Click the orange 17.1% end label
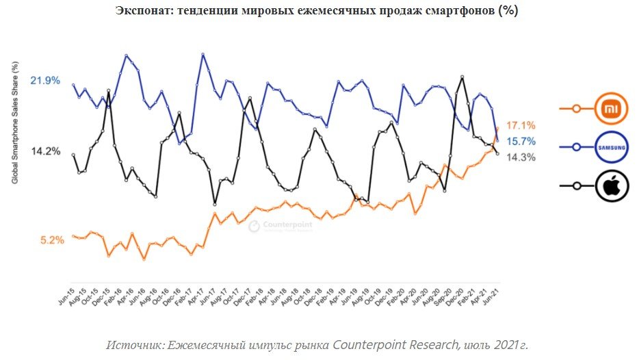point(521,126)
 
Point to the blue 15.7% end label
point(521,142)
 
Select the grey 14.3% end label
point(521,157)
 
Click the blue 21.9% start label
point(46,81)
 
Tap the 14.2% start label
point(46,151)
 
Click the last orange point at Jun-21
point(497,128)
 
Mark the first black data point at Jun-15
point(73,155)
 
